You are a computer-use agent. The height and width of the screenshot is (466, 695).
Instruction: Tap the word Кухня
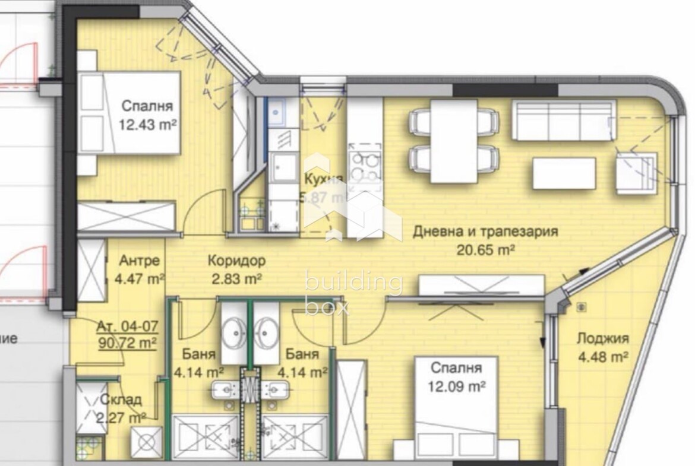pos(323,179)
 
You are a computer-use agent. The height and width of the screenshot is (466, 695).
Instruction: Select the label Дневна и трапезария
pos(485,231)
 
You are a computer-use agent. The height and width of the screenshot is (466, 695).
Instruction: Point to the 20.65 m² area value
pos(485,249)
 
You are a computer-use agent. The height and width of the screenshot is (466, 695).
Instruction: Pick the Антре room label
pos(139,260)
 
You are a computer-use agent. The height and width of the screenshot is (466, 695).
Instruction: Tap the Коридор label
pos(236,260)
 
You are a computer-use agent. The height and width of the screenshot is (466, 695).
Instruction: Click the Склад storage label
pos(121,399)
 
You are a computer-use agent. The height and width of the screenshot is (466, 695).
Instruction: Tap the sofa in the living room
pos(562,121)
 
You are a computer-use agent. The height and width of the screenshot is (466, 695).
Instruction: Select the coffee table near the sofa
pos(564,173)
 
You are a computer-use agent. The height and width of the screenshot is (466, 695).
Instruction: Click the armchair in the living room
pos(636,172)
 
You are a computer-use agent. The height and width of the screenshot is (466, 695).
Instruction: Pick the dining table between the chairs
pos(454,141)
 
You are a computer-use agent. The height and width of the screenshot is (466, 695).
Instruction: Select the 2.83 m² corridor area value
pos(236,278)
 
